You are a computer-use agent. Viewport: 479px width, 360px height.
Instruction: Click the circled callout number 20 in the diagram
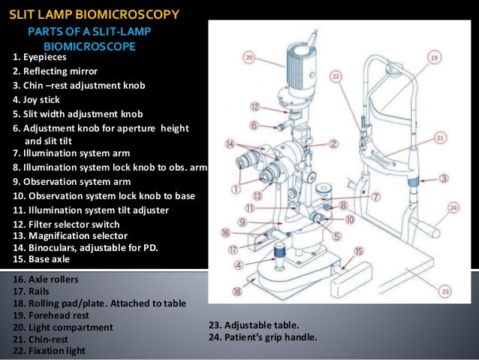tap(249, 56)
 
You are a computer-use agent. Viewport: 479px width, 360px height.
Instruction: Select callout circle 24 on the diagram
tap(453, 207)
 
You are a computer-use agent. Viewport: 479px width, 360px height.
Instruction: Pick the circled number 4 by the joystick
tap(239, 265)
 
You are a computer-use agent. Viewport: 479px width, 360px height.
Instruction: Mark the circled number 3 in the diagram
tap(444, 178)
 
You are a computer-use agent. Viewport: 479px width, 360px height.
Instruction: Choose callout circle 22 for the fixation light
tap(336, 76)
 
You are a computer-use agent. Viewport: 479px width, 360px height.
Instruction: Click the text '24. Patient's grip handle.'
tap(262, 337)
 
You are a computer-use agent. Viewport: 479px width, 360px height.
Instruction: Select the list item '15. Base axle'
tap(42, 259)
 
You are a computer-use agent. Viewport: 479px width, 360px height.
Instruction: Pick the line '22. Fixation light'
tap(50, 350)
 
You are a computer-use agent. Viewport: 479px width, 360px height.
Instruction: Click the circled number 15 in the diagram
tap(359, 251)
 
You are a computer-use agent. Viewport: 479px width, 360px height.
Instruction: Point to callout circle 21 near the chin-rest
tap(440, 138)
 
